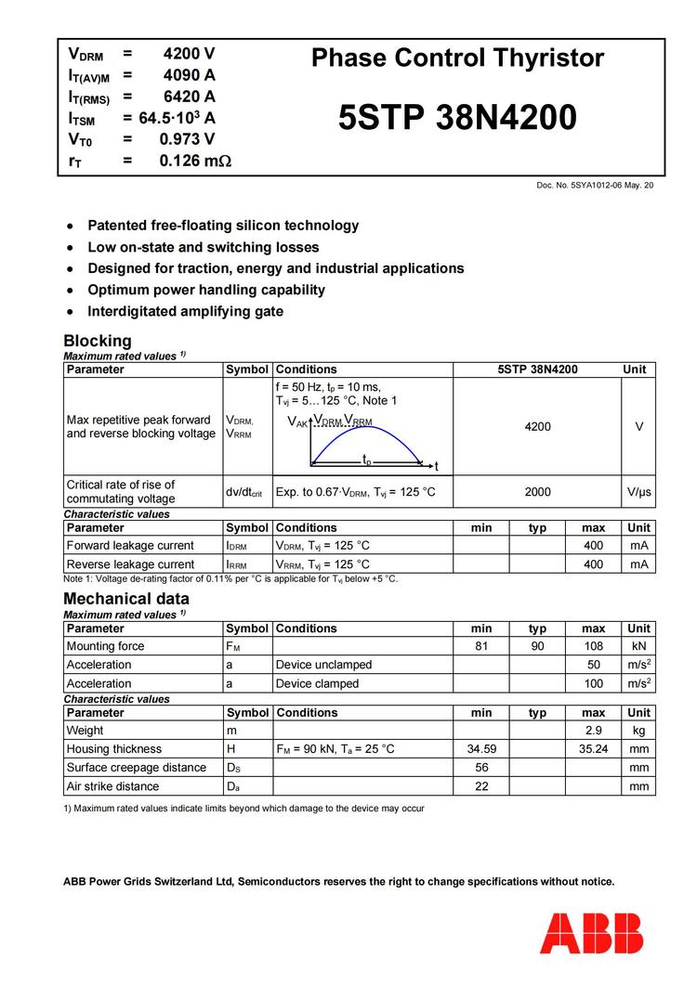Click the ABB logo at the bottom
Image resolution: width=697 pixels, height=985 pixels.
point(591,933)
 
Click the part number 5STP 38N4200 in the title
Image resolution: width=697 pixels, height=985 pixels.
point(457,119)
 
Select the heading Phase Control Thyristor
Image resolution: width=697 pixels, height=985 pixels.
point(457,58)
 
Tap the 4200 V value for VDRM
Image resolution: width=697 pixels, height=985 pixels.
point(189,54)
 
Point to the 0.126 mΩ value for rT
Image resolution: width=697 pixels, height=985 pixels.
point(195,161)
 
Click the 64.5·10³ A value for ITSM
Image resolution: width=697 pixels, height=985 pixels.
point(177,118)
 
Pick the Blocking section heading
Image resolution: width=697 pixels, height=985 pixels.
point(98,341)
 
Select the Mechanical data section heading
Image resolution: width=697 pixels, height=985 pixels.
point(126,599)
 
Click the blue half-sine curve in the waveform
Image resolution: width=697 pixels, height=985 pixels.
point(365,435)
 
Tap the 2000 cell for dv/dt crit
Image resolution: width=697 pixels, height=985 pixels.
point(537,492)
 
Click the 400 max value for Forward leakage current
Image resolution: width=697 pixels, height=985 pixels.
point(593,546)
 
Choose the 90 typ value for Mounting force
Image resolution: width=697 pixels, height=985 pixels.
point(537,646)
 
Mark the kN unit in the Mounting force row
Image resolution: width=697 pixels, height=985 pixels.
point(638,646)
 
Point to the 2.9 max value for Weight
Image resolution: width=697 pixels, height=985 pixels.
point(593,731)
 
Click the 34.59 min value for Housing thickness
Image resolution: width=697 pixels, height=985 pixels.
point(481,749)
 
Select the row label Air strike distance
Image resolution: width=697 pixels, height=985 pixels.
point(112,786)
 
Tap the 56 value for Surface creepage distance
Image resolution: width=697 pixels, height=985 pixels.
point(481,768)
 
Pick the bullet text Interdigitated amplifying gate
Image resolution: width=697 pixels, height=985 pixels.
point(185,311)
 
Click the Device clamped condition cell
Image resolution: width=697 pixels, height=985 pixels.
point(317,683)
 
